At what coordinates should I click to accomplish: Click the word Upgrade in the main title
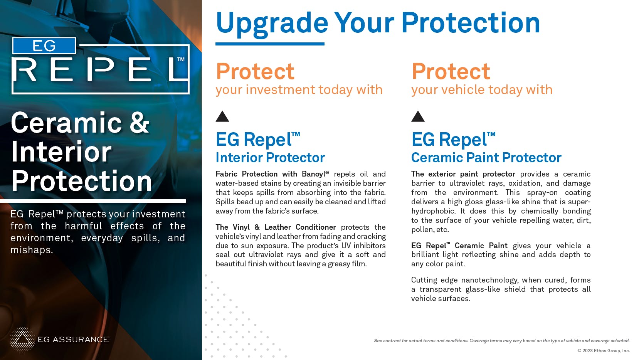click(272, 24)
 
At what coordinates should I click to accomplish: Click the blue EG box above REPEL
click(44, 45)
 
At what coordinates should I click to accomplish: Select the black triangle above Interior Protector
click(222, 116)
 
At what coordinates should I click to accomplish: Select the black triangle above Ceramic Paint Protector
click(418, 116)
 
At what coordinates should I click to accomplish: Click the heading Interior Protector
click(270, 158)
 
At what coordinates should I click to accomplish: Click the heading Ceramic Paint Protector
click(486, 158)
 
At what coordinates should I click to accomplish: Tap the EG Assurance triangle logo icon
click(22, 340)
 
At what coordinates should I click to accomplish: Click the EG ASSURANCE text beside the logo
click(73, 340)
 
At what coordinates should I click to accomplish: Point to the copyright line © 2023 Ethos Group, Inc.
click(604, 351)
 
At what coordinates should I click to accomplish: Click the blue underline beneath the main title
click(270, 44)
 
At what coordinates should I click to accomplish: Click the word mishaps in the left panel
click(31, 250)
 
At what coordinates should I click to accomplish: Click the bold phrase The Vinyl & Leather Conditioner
click(276, 227)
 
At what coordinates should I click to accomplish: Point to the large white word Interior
click(61, 152)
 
